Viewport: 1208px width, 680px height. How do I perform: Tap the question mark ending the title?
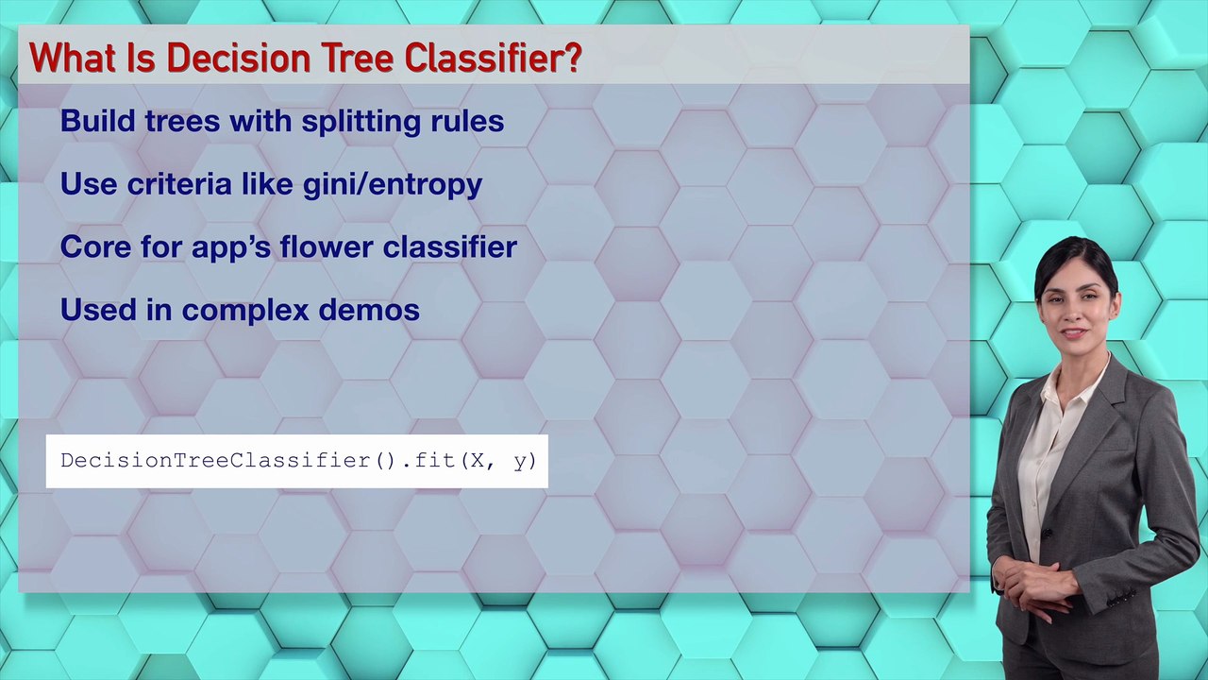click(572, 58)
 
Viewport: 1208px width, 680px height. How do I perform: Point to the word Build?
click(97, 121)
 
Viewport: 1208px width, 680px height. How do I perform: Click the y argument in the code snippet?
click(520, 463)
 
